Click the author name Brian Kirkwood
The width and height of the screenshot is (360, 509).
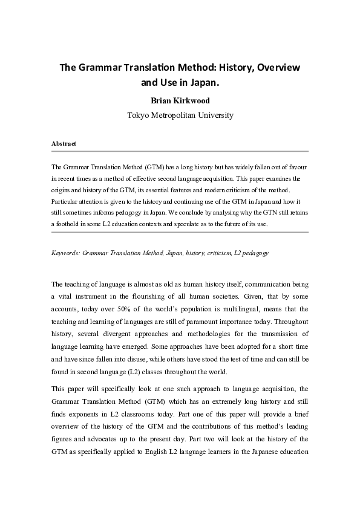click(180, 101)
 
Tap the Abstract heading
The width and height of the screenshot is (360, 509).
click(64, 144)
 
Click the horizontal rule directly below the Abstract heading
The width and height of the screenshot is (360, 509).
click(180, 152)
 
